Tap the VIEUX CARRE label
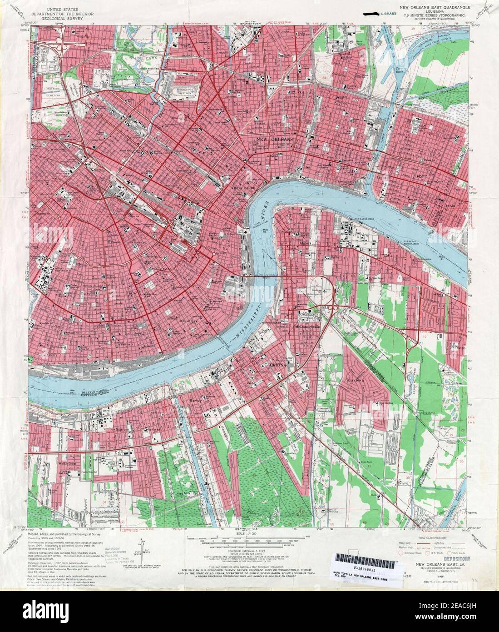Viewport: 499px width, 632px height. [237, 187]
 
